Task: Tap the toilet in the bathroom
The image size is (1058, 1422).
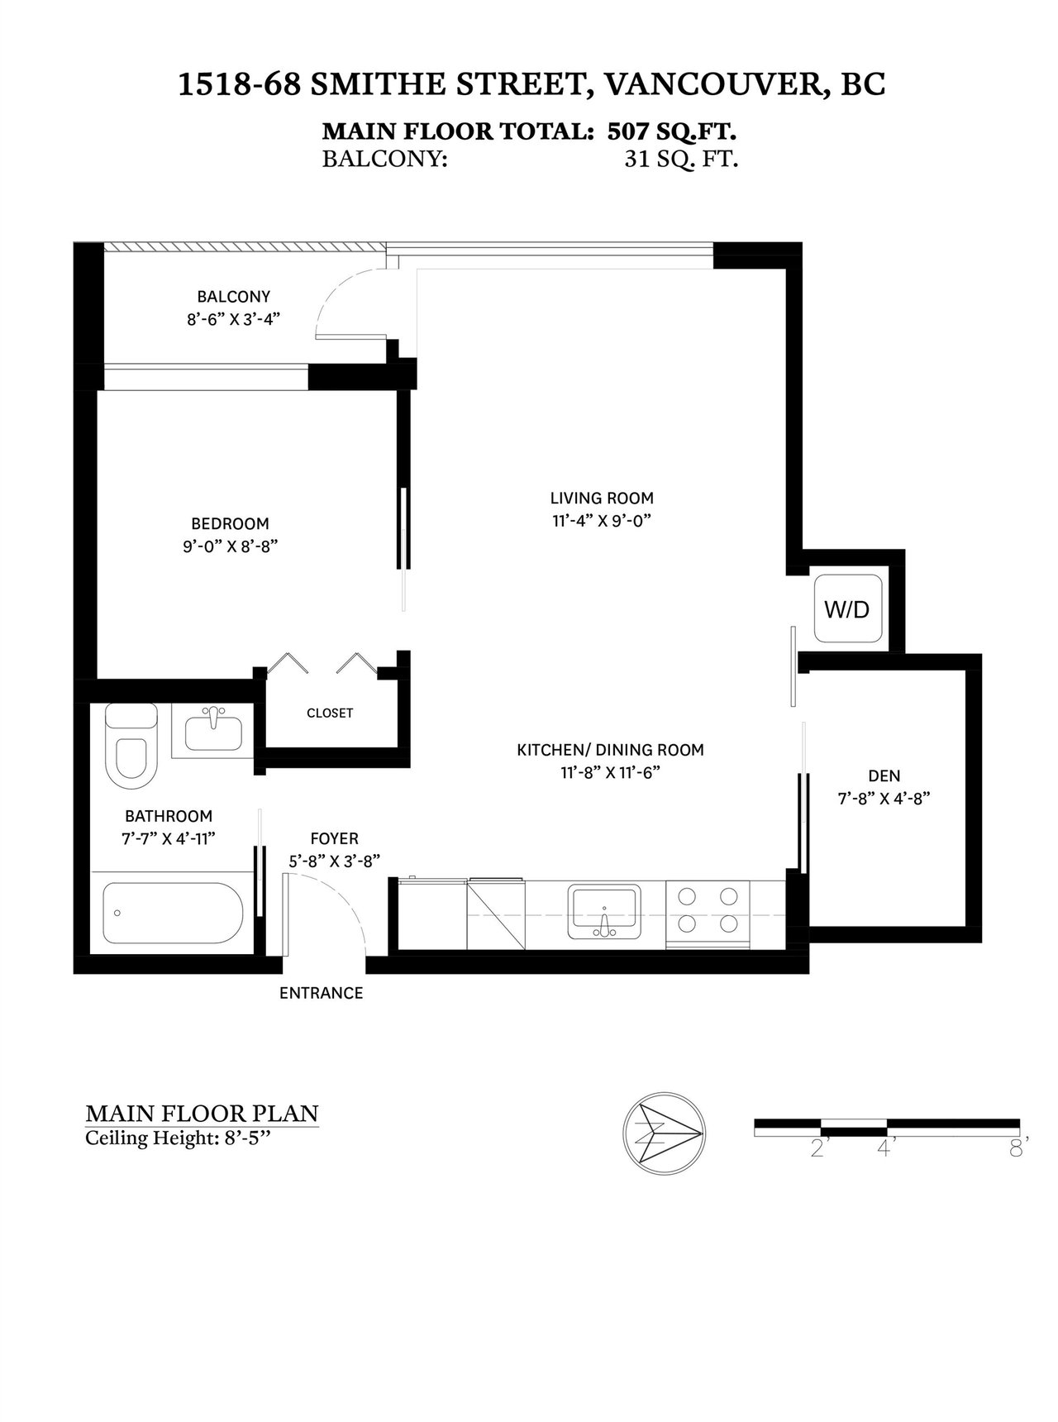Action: [131, 747]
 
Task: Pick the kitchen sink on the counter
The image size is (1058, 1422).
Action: [603, 911]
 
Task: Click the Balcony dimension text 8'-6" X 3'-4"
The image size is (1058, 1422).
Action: [234, 318]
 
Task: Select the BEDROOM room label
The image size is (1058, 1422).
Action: [230, 523]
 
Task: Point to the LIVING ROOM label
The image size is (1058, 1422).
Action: [602, 498]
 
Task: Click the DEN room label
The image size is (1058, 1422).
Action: [884, 775]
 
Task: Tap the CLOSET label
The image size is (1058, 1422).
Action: [330, 713]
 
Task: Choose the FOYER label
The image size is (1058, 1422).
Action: [335, 838]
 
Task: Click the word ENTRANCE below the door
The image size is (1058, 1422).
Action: [322, 993]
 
